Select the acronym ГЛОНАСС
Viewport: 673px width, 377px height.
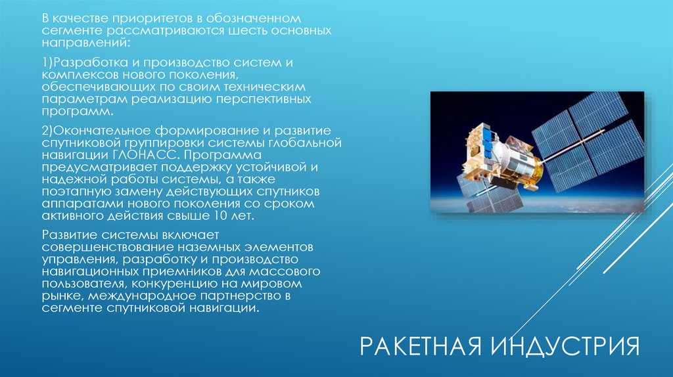tap(149, 155)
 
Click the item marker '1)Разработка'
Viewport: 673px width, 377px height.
tap(80, 62)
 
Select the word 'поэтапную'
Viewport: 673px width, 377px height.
tap(73, 191)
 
